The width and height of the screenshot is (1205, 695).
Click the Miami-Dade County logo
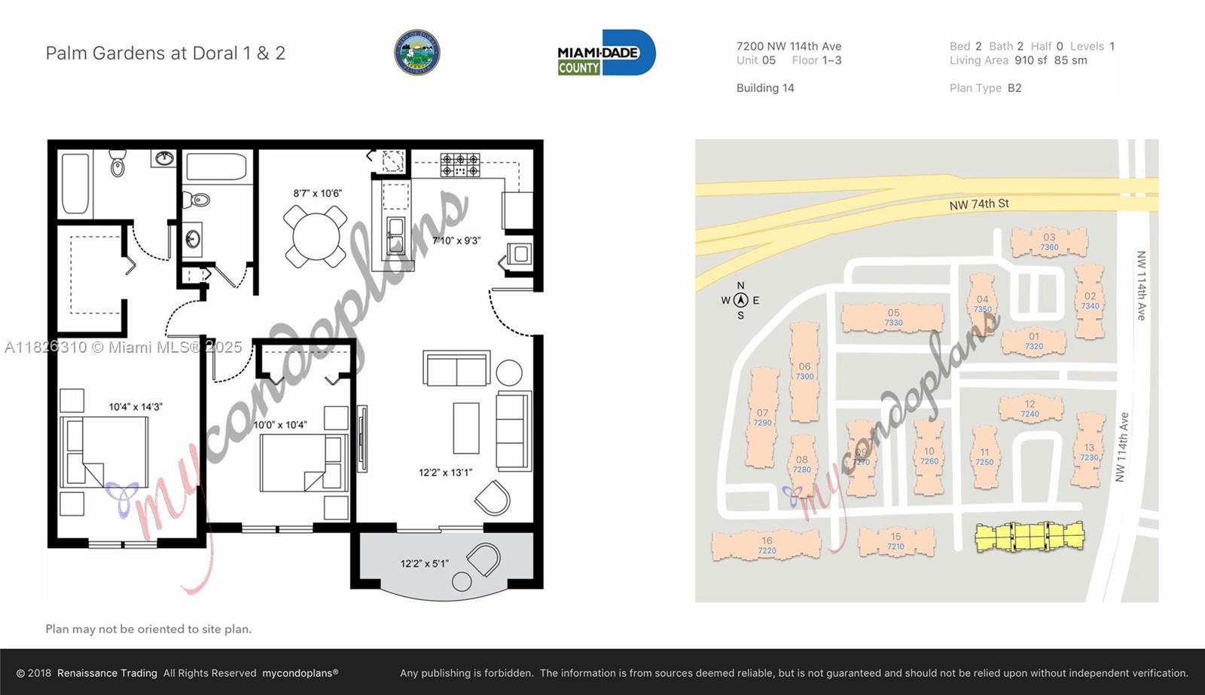[x=606, y=53]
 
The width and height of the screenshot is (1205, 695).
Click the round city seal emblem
[x=417, y=53]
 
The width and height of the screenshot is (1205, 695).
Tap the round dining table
[x=316, y=237]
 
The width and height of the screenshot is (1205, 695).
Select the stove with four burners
[x=460, y=165]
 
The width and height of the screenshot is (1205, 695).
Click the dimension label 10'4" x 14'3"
[x=136, y=407]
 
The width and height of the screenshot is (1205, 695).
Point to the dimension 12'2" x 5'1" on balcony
[x=424, y=563]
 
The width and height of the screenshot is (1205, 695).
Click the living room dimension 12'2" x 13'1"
[x=445, y=473]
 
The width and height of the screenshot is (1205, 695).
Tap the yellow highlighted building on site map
[x=1029, y=537]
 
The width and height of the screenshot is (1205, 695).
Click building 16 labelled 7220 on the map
[x=767, y=545]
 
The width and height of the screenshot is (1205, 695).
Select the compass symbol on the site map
[x=740, y=300]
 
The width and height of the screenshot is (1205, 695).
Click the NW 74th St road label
[x=978, y=204]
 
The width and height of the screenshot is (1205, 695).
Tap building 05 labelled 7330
[x=893, y=317]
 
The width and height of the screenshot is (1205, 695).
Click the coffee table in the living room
[x=466, y=427]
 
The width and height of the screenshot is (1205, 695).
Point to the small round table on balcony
[x=462, y=581]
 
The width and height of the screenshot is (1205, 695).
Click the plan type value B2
[x=1014, y=88]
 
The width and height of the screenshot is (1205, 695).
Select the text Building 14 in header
[x=765, y=88]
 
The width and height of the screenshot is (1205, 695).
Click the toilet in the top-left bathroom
[x=117, y=164]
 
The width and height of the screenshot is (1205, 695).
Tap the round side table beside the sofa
[x=509, y=373]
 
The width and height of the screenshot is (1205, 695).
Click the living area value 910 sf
[x=1030, y=60]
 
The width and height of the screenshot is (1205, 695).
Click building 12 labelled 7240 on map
[x=1030, y=409]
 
